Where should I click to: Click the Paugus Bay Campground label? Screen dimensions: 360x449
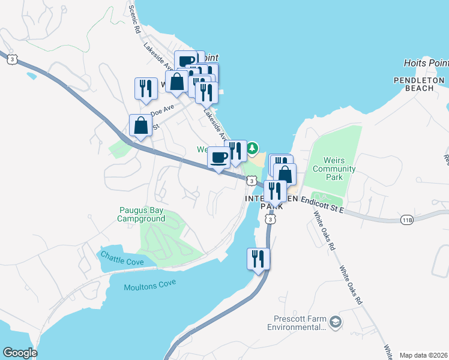click(141, 215)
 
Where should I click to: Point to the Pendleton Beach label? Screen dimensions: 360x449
click(414, 84)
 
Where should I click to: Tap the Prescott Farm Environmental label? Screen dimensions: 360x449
click(297, 323)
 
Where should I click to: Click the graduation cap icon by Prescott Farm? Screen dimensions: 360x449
click(335, 323)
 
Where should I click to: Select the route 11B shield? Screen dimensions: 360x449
click(407, 220)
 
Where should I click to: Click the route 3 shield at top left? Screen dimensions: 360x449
click(11, 58)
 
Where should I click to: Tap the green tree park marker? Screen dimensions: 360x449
click(253, 147)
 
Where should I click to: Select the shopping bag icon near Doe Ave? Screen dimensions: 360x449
click(140, 125)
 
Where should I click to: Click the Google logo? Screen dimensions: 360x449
click(20, 353)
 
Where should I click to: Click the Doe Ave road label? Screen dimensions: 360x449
click(161, 110)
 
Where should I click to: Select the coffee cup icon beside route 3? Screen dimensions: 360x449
click(218, 158)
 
